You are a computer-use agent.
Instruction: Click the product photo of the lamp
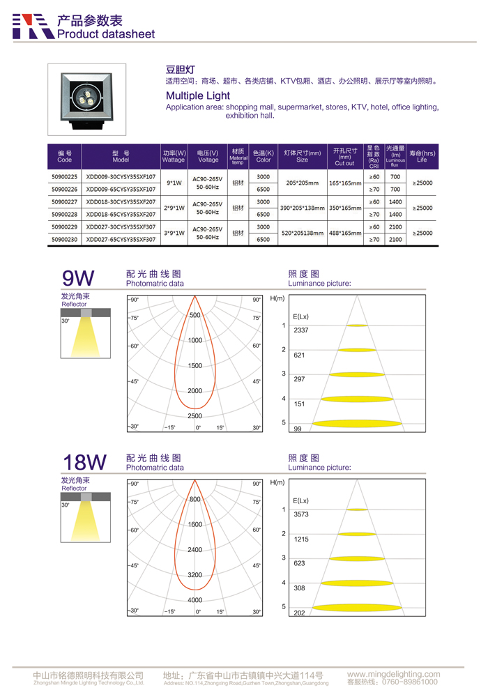[87, 99]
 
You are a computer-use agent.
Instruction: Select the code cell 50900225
[65, 177]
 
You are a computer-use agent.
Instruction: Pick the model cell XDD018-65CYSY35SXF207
[121, 215]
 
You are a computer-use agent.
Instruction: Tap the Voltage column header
[208, 156]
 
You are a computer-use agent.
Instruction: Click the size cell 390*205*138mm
[302, 208]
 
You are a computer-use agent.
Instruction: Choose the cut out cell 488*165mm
[344, 233]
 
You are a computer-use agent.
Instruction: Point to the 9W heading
[78, 279]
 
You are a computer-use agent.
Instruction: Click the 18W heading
[84, 462]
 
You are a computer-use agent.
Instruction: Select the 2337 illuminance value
[300, 330]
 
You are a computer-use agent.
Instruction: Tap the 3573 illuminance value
[300, 514]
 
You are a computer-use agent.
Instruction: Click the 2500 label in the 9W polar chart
[195, 416]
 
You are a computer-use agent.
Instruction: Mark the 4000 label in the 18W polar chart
[195, 600]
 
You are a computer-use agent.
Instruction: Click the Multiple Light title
[197, 95]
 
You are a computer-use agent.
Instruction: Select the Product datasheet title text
[106, 33]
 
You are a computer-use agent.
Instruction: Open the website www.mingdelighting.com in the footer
[393, 674]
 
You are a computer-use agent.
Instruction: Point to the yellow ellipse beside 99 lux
[357, 424]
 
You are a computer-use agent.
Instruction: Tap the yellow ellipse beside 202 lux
[357, 608]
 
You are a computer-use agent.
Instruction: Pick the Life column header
[422, 156]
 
